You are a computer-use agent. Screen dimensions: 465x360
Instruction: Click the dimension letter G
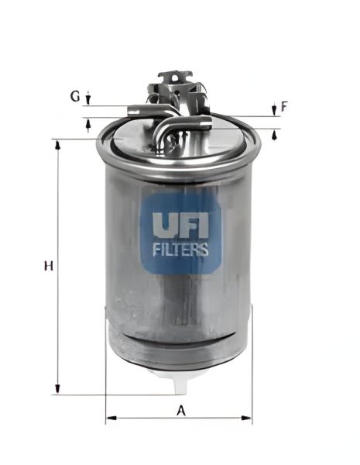(x=75, y=97)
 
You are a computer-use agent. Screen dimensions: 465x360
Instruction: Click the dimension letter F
(x=284, y=107)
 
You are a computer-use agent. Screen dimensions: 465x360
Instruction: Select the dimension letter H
(x=47, y=266)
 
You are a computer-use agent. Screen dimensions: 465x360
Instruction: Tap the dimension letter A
(x=181, y=411)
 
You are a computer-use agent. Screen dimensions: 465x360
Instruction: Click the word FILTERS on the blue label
(x=180, y=250)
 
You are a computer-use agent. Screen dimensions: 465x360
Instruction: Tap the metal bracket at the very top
(x=175, y=77)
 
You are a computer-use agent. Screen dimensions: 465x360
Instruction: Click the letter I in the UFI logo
(x=203, y=225)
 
